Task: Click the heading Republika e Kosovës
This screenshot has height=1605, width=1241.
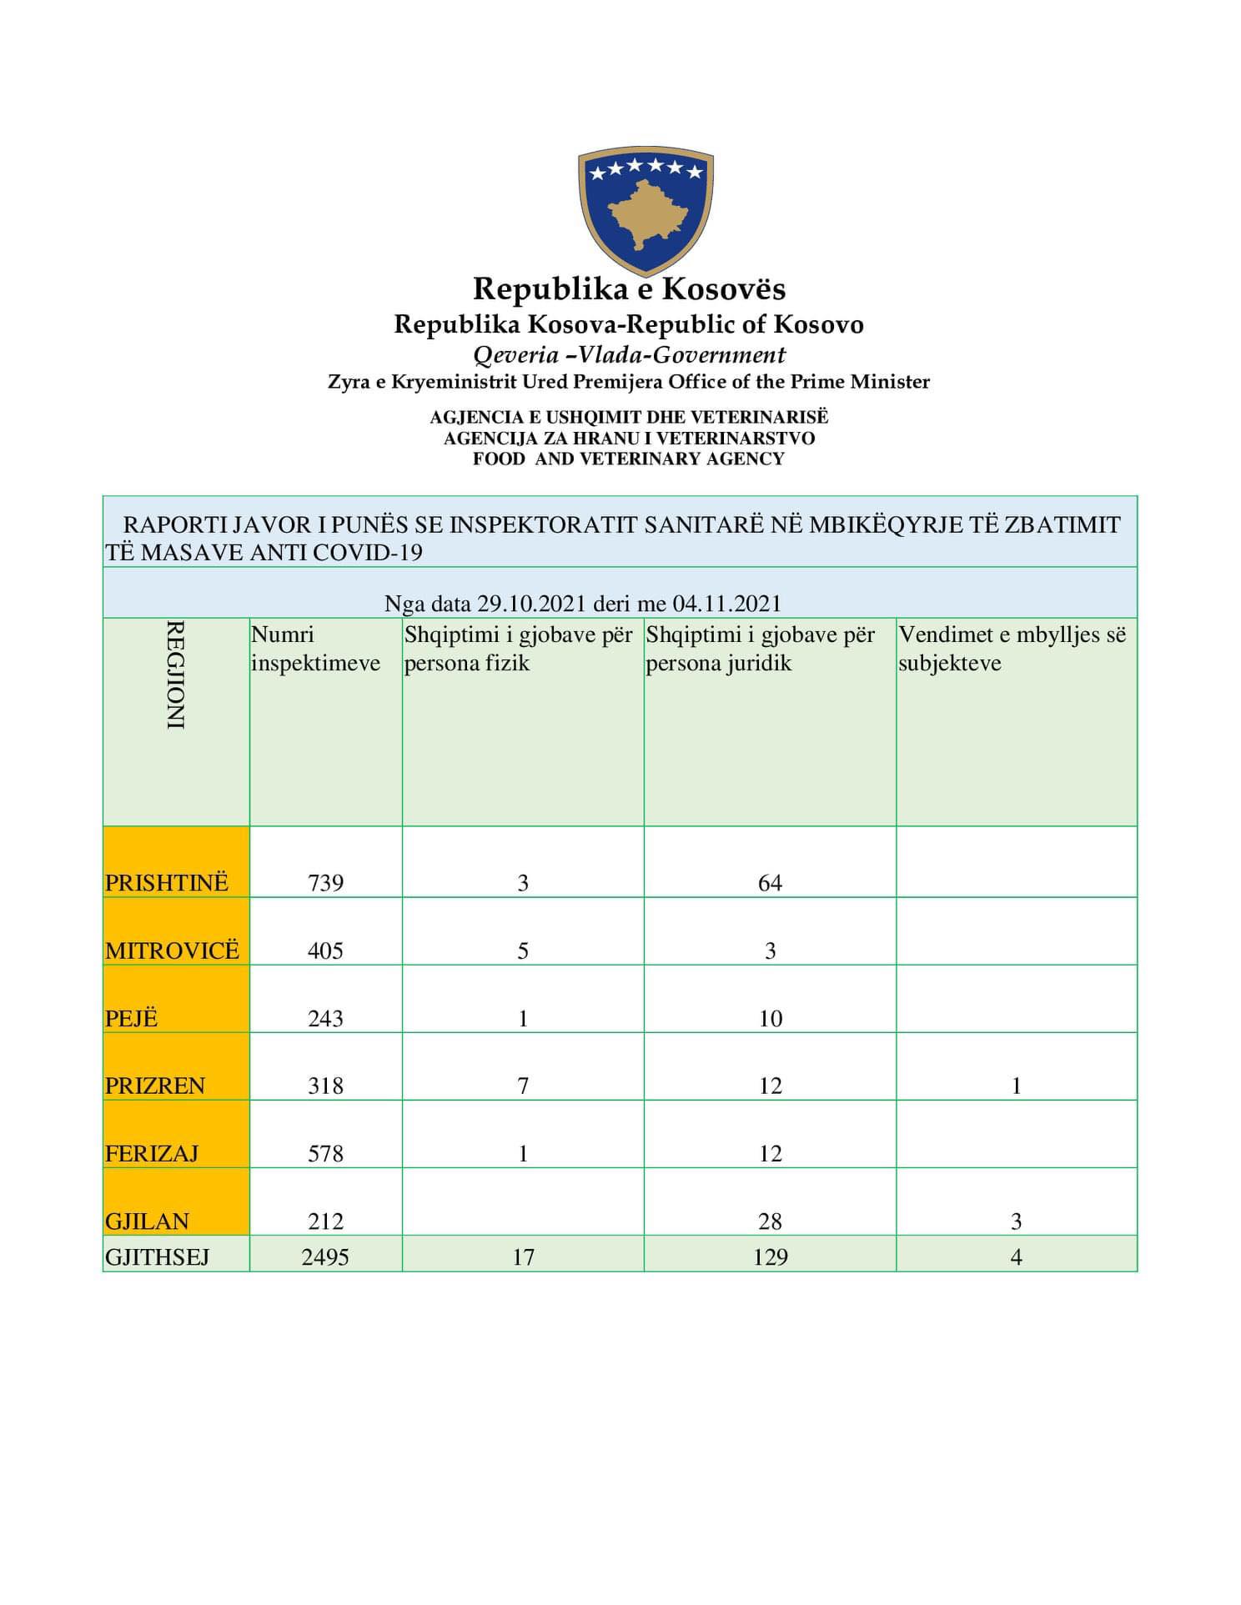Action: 629,289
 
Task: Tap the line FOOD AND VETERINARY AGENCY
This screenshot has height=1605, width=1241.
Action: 628,459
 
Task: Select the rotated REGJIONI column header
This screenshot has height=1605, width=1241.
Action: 175,675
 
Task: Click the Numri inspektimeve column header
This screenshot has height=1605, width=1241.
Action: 315,649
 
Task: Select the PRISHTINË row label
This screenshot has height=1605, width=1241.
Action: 167,882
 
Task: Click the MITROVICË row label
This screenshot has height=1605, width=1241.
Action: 172,950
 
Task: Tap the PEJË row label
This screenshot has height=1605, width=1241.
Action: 132,1018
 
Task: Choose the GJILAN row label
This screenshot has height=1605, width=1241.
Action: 147,1221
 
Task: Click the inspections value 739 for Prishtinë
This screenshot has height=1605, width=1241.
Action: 325,883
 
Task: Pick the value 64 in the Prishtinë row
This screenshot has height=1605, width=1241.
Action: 770,883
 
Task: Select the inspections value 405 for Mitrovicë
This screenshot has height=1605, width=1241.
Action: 325,950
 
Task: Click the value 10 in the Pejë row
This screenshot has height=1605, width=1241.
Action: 770,1018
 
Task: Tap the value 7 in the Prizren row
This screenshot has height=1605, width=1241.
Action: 523,1086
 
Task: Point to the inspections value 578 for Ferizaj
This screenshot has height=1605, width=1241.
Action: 325,1153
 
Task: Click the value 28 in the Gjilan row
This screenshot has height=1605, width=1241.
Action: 770,1221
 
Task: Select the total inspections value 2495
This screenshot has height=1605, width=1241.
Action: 325,1256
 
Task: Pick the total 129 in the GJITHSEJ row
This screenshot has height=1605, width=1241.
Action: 770,1256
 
